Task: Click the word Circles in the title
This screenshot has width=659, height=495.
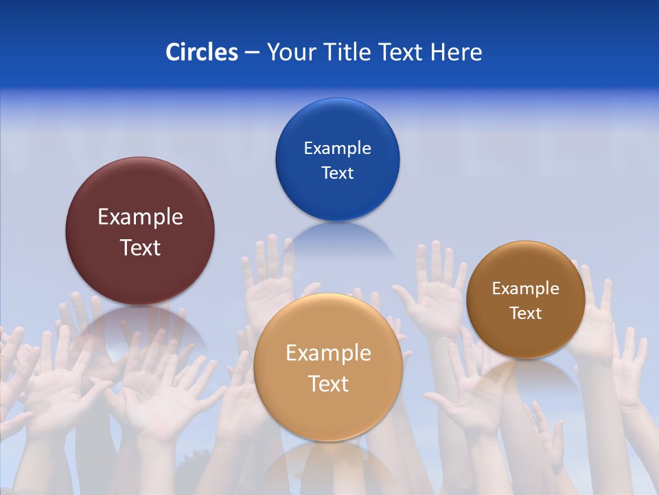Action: pos(202,52)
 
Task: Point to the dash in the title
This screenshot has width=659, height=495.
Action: pos(252,53)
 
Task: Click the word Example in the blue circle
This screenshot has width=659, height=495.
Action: pos(337,148)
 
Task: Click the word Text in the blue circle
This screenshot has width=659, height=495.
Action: pos(337,173)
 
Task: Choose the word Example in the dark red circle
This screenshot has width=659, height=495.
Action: pos(140,217)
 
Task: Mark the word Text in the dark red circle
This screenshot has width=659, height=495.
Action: pos(140,248)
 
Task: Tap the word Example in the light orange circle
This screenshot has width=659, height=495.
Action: pos(328,353)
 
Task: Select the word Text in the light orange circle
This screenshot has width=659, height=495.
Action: pos(328,384)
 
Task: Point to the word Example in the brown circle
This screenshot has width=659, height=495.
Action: pos(526,289)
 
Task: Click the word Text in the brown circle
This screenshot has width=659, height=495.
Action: pos(526,313)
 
